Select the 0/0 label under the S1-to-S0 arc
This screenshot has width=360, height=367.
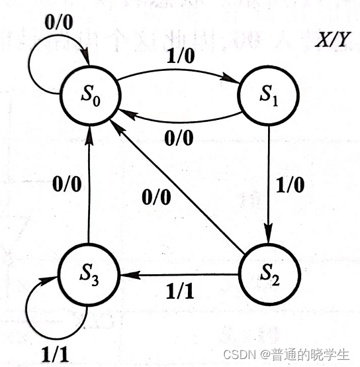179,139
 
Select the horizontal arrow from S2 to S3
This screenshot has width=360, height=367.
179,274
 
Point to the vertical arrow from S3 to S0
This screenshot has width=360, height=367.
89,192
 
